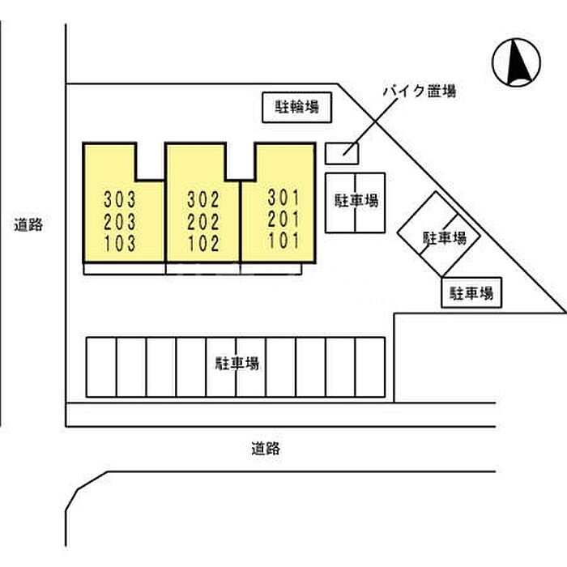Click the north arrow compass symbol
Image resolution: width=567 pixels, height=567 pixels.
pos(516,62)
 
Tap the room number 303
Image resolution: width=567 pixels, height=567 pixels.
pos(120,199)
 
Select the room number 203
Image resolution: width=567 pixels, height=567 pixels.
pos(120,222)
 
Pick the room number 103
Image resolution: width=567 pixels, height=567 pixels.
pos(120,243)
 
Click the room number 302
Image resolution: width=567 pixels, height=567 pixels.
pos(203,199)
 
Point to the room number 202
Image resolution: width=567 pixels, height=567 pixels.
pos(203,222)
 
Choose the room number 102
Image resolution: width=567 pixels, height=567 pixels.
pos(203,243)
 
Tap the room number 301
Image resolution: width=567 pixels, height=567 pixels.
pos(283,198)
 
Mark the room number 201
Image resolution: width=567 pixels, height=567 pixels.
pos(283,220)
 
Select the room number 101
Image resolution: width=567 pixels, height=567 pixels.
pos(283,241)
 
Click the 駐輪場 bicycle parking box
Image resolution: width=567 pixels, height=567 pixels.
pos(297,108)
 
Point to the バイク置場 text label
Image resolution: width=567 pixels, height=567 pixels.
pos(420,91)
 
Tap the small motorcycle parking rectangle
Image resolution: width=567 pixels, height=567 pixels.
pos(342,154)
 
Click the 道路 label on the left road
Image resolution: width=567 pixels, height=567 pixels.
pos(28,224)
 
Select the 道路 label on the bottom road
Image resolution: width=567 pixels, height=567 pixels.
pos(266,449)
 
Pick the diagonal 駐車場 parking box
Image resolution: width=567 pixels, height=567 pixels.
pos(439,234)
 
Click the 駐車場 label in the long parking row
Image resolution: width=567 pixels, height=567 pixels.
pos(237,364)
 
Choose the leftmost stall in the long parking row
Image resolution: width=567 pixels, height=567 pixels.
pos(101,367)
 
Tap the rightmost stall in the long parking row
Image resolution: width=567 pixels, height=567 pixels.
pos(370,367)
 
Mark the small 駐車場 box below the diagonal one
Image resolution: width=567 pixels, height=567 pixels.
pos(471,292)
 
